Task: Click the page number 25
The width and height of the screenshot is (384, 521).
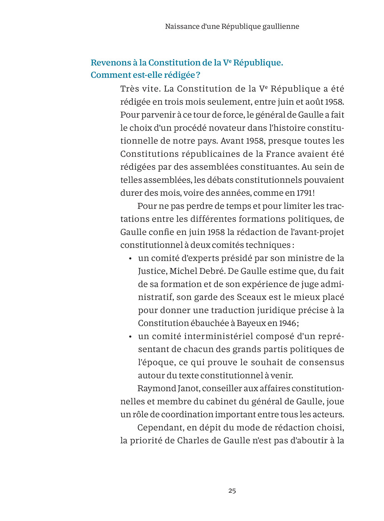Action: [232, 490]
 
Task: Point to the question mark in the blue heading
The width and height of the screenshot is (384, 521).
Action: [198, 75]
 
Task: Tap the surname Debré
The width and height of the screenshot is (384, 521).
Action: [211, 271]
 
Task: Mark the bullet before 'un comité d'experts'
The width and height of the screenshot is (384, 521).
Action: [131, 259]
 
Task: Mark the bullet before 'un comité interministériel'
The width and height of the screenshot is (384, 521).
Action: [131, 337]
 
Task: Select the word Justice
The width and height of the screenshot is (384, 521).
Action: [152, 271]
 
